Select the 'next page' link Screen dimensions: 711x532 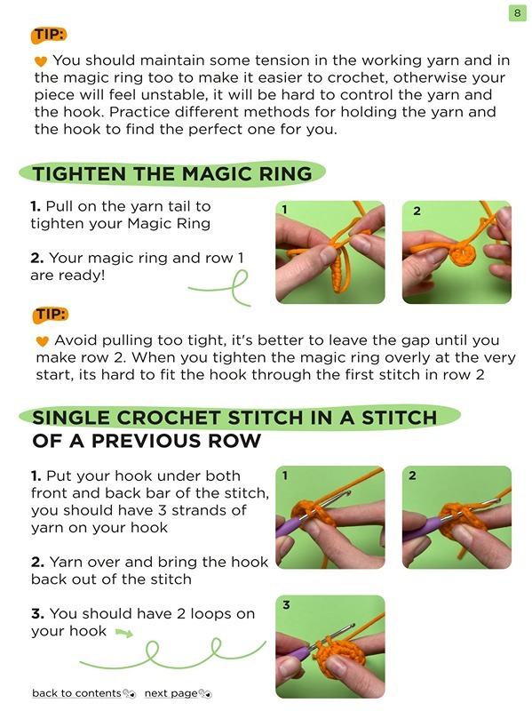171,693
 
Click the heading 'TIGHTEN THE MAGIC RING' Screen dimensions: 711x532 172,173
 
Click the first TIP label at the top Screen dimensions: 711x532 48,36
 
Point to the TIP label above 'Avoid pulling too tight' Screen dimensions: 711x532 51,315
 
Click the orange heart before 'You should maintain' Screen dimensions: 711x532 41,61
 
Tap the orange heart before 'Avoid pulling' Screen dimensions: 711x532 42,341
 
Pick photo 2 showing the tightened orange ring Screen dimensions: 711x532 457,252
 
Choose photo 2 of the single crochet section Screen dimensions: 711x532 457,517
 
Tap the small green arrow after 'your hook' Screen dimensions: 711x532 123,634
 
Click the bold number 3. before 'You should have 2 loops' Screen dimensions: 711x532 38,614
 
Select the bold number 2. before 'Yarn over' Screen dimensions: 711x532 38,562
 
